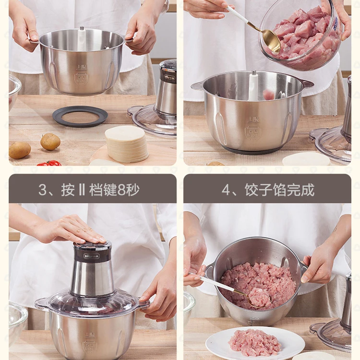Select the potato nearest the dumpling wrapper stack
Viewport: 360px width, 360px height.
point(50,142)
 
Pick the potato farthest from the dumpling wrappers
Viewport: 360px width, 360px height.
point(20,150)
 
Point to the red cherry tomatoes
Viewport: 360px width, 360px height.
point(49,163)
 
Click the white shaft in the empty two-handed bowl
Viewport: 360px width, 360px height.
point(82,38)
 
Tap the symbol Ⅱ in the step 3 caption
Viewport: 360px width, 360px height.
point(81,190)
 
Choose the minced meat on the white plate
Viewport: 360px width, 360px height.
point(255,342)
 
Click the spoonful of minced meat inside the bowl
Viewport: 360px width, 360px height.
point(259,298)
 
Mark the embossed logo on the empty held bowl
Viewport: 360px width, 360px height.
point(81,74)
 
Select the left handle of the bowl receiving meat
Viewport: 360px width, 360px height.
point(197,86)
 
